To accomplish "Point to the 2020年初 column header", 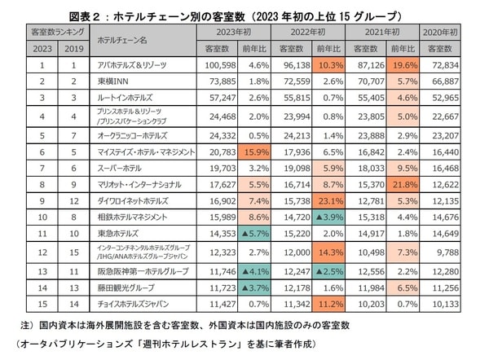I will point(447,32).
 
